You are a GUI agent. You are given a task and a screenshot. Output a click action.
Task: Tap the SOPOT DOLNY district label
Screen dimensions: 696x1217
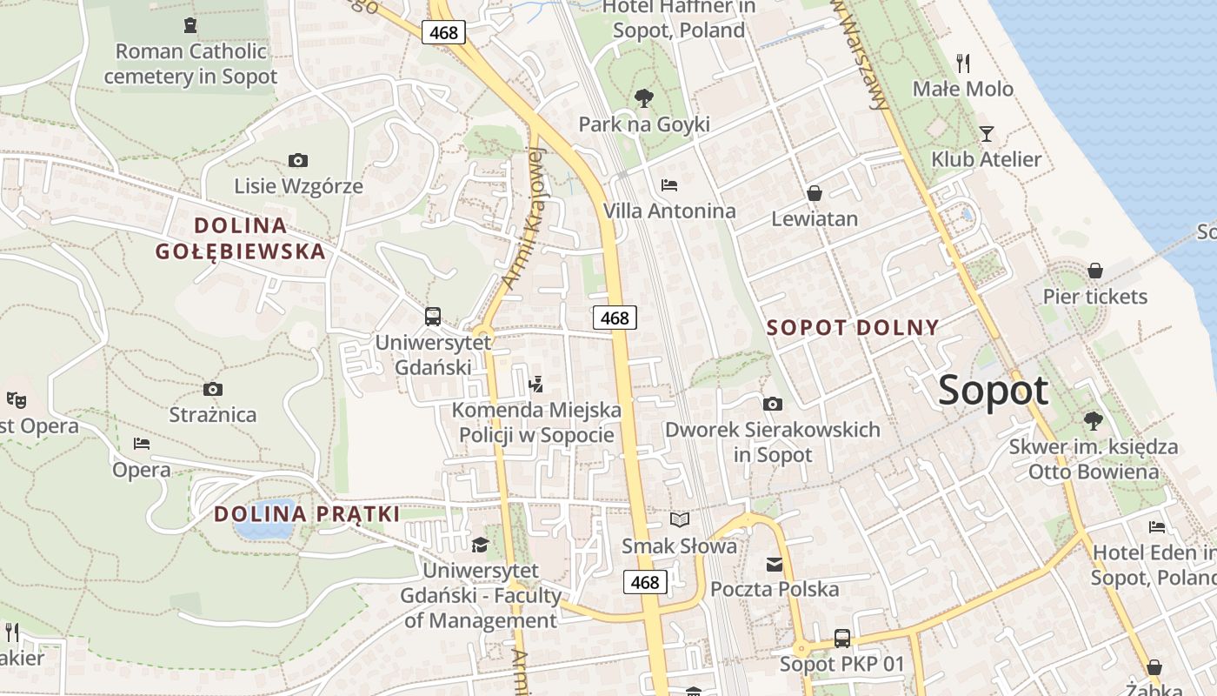coord(853,328)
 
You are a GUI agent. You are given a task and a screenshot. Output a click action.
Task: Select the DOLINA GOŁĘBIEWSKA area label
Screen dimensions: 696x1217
coord(240,238)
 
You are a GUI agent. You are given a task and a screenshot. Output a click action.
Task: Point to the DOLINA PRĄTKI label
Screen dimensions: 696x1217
coord(307,514)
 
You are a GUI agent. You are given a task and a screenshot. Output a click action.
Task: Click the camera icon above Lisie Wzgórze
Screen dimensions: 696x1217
coord(298,160)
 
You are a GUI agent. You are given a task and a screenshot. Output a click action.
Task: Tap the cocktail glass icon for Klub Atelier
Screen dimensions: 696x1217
coord(987,133)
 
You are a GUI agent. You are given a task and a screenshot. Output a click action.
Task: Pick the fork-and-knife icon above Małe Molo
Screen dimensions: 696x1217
coord(962,63)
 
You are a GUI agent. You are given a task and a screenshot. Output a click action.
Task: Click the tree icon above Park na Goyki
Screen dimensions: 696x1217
coord(644,97)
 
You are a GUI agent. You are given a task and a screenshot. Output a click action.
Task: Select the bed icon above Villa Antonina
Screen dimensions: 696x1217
coord(669,184)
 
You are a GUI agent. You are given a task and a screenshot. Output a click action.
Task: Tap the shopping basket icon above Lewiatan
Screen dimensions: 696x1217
coord(815,192)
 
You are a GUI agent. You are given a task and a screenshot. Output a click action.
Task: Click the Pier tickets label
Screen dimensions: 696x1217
coord(1095,297)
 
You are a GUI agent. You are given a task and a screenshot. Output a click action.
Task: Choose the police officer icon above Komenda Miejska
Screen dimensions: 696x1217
coord(536,383)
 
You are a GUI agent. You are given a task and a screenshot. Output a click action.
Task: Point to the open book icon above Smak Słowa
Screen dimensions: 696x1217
coord(680,519)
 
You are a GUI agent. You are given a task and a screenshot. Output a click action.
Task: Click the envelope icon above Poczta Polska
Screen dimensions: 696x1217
coord(775,564)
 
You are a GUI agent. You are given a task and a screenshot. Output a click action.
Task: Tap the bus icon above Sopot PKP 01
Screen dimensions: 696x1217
coord(841,638)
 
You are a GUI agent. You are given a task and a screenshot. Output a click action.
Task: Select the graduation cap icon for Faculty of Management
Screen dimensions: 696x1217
coord(480,545)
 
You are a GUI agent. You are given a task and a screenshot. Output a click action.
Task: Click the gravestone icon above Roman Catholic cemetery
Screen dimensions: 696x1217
coord(190,25)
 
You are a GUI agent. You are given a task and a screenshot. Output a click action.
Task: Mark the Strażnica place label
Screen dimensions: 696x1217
coord(213,415)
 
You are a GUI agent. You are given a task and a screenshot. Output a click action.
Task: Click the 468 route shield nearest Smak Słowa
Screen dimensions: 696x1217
coord(645,582)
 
